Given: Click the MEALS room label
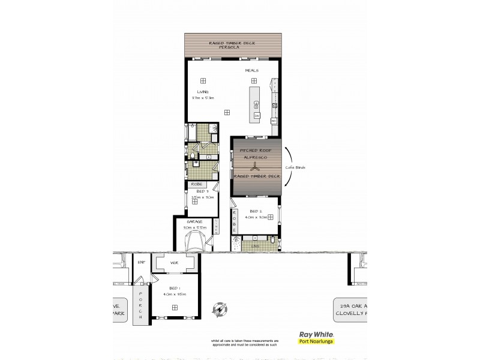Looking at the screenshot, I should (251, 70).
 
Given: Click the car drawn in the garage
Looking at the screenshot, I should (196, 242).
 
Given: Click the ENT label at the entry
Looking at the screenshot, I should (141, 262).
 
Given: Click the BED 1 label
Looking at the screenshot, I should (175, 288).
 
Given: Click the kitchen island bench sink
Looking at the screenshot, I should (256, 103).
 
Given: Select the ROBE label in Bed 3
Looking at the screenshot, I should (196, 184).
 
